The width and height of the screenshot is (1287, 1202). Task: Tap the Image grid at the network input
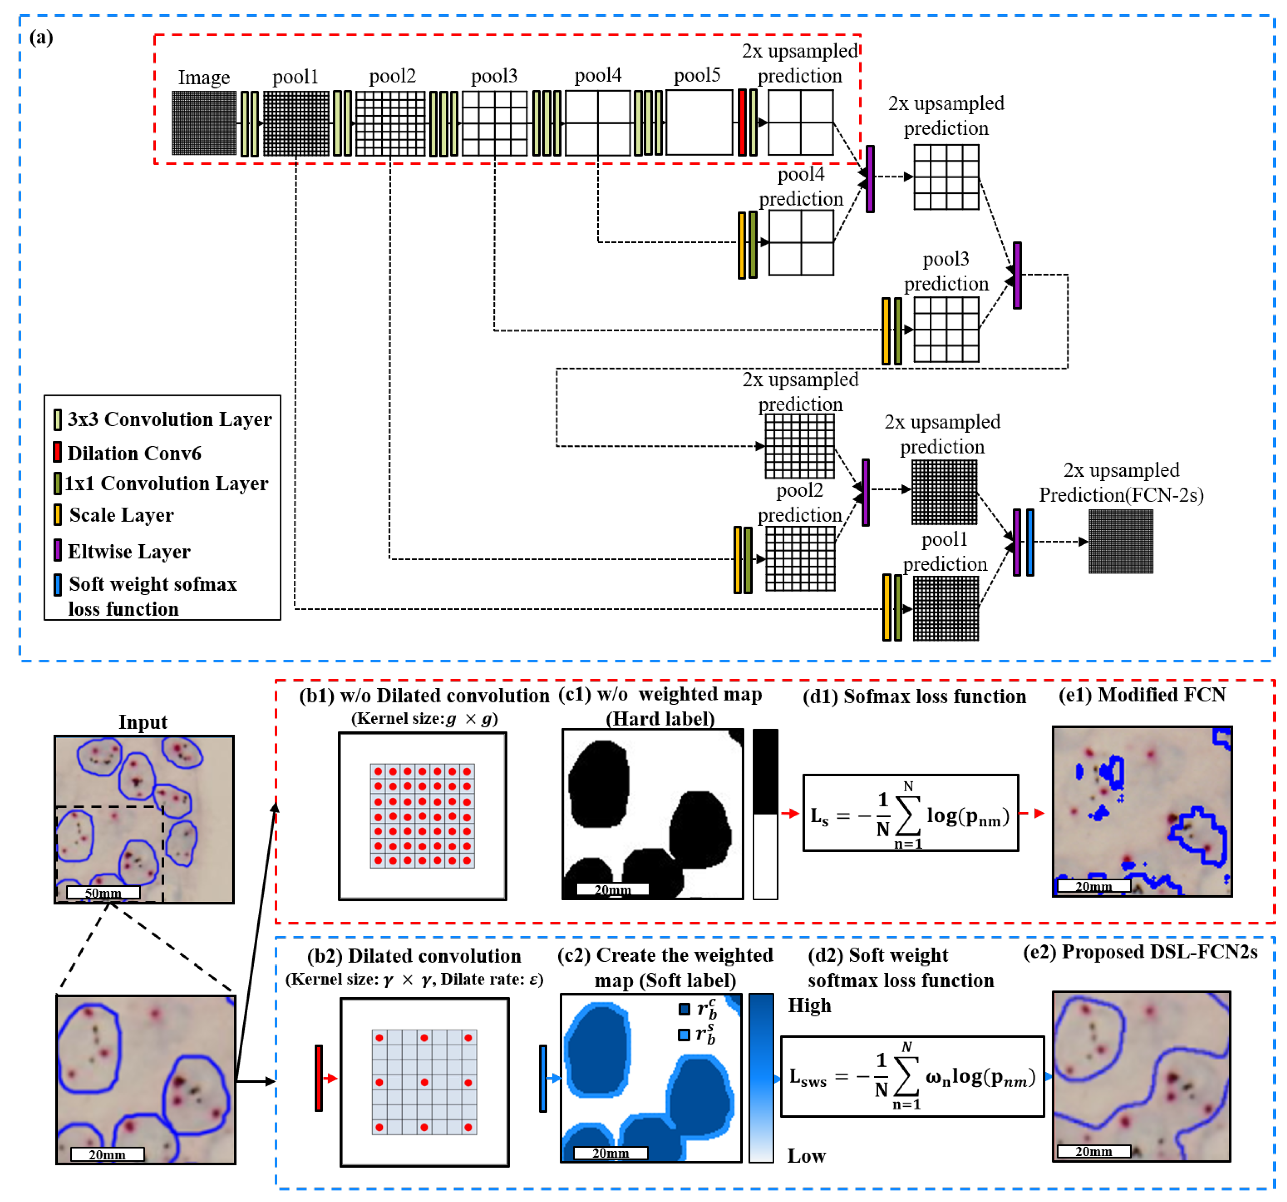click(204, 123)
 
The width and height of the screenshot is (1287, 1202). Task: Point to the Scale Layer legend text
click(122, 515)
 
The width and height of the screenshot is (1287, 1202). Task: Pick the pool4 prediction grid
click(801, 243)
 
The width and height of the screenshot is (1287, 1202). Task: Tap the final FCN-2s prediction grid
click(1120, 542)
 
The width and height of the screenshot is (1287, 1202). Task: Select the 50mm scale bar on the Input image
click(103, 893)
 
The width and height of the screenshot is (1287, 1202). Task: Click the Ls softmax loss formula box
click(910, 813)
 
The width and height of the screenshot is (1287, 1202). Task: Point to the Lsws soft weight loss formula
click(912, 1077)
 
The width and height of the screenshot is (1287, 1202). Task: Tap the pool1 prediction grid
click(945, 609)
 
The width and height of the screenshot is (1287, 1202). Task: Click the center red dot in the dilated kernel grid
click(424, 1082)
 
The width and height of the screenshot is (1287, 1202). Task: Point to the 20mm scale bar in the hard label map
click(612, 889)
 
